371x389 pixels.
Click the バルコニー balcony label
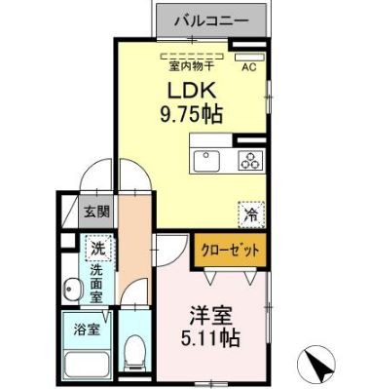point(211,19)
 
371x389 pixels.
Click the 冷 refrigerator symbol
point(249,207)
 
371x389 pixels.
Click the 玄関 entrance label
point(95,211)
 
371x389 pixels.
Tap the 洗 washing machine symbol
point(97,248)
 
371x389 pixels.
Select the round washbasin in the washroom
point(72,290)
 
